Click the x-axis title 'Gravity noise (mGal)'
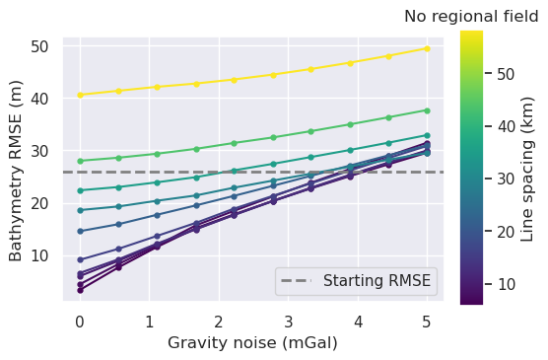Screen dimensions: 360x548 pyautogui.click(x=253, y=342)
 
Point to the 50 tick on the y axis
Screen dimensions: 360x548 pyautogui.click(x=40, y=46)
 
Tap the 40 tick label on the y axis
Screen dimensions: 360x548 pyautogui.click(x=40, y=99)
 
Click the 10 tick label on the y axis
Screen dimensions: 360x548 pyautogui.click(x=40, y=255)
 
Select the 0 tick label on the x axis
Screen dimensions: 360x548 pyautogui.click(x=80, y=321)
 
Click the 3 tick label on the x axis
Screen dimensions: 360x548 pyautogui.click(x=288, y=321)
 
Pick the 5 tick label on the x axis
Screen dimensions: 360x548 pyautogui.click(x=427, y=321)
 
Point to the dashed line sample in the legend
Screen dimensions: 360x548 pyautogui.click(x=297, y=281)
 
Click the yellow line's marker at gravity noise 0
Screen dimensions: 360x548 pyautogui.click(x=80, y=95)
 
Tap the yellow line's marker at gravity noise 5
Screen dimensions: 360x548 pyautogui.click(x=427, y=48)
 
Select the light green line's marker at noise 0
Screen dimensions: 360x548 pyautogui.click(x=80, y=161)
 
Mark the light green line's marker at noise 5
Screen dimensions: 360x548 pyautogui.click(x=427, y=110)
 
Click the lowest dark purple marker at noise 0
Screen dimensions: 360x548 pyautogui.click(x=80, y=290)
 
